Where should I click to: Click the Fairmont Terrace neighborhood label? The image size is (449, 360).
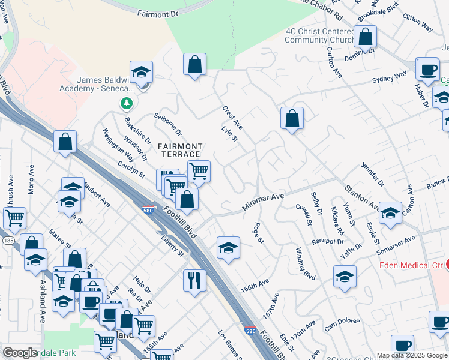pos(180,150)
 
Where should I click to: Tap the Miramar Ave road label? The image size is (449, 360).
pos(262,201)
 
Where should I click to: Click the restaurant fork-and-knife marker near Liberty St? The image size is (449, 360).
pos(194,280)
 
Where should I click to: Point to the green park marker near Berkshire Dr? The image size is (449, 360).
pos(126,104)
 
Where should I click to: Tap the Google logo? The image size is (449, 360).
pos(20,353)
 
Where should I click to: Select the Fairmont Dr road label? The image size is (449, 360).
pos(158,13)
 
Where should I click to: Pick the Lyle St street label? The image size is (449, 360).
pos(230,135)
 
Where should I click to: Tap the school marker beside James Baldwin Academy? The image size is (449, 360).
pos(142,73)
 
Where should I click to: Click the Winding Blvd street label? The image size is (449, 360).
pos(305,263)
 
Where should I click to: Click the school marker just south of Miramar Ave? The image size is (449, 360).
pos(228,247)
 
